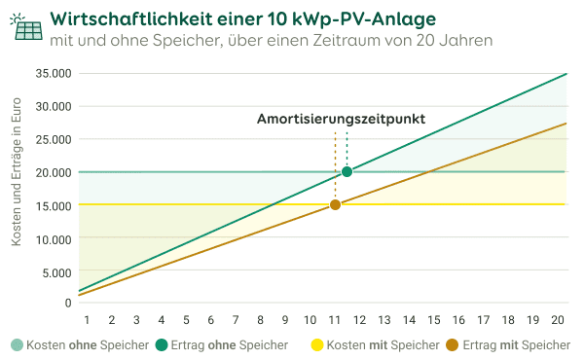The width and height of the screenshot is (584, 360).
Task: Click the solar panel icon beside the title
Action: [x=25, y=27]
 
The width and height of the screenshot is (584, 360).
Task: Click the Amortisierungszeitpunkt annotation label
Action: [x=341, y=119]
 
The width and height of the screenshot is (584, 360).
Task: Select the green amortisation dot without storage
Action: [x=347, y=171]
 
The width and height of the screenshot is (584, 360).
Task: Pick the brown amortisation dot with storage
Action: [x=335, y=204]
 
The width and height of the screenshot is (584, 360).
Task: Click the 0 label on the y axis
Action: [x=68, y=304]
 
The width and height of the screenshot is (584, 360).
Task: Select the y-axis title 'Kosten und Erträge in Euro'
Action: [x=17, y=189]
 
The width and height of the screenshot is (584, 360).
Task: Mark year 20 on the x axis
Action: [x=559, y=320]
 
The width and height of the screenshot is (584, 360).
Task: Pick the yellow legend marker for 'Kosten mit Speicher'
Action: [x=316, y=345]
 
